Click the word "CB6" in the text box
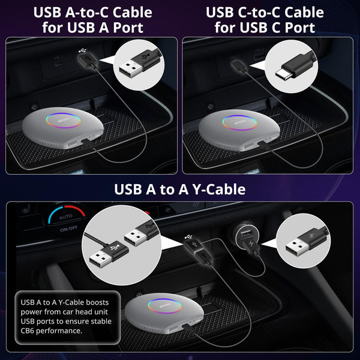(x=28, y=331)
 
